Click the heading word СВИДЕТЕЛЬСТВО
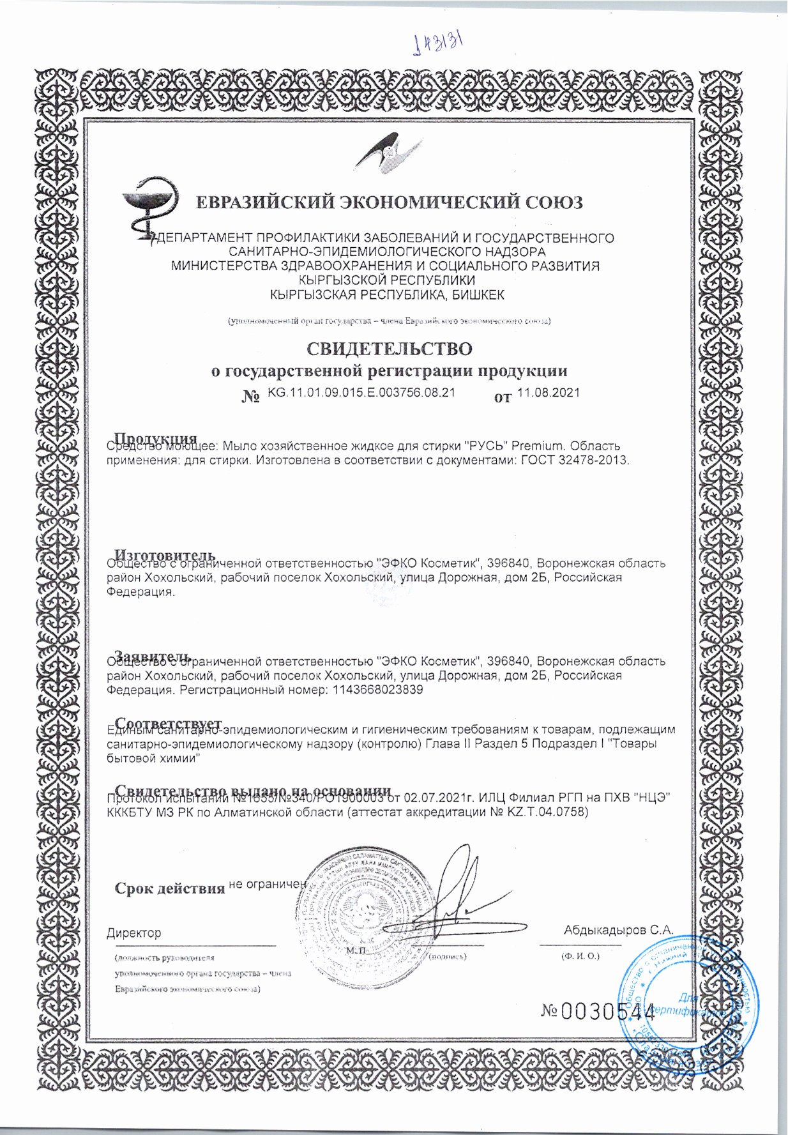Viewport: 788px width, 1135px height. point(390,349)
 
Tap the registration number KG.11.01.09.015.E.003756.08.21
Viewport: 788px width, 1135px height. point(361,393)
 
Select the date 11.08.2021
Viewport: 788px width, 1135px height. point(548,393)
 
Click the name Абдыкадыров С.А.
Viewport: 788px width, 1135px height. point(618,930)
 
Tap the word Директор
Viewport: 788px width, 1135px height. point(133,933)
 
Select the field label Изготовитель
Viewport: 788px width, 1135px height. point(165,554)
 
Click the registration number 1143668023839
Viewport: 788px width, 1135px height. point(378,690)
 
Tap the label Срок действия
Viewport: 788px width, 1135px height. point(169,888)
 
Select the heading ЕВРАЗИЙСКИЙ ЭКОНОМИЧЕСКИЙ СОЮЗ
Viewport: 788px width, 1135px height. point(389,203)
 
